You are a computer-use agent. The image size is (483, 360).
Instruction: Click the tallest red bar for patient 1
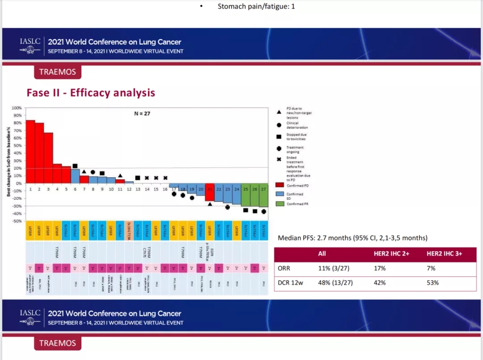tap(30, 152)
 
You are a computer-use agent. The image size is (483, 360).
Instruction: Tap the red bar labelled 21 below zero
tap(210, 192)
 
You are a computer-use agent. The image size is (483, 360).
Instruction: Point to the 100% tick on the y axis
tap(16, 108)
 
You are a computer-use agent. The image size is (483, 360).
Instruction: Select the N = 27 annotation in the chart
tap(142, 114)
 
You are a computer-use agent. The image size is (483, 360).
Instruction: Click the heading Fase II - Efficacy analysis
tap(91, 93)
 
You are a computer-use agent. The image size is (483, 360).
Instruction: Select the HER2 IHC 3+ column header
tap(444, 254)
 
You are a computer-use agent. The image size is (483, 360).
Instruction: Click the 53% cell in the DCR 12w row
tap(433, 283)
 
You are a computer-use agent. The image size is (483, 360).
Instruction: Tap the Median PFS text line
tap(352, 237)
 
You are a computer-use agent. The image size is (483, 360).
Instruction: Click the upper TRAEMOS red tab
tap(57, 72)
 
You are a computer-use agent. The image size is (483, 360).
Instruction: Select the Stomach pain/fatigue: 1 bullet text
tap(256, 6)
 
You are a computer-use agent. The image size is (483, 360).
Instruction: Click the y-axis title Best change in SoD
tap(8, 161)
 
